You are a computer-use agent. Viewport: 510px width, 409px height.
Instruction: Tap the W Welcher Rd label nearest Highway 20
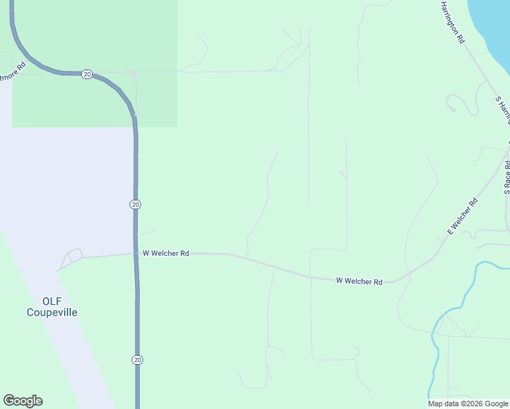[x=166, y=253]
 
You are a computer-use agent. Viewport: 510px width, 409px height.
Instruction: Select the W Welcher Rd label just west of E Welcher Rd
[x=359, y=281]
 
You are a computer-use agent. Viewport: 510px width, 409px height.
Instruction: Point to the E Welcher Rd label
[x=462, y=217]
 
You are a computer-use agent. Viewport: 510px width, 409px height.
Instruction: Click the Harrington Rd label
[x=452, y=22]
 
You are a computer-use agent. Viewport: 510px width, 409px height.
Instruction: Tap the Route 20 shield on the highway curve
[x=87, y=74]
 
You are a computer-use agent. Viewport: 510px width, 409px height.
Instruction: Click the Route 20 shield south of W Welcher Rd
[x=136, y=359]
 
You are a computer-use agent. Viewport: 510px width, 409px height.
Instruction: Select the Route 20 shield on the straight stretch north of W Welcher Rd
[x=136, y=204]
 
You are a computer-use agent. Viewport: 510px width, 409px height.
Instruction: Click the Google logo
[x=23, y=401]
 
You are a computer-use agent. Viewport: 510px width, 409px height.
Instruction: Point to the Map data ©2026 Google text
[x=468, y=404]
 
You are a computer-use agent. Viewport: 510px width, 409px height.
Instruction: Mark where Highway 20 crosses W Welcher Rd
[x=136, y=254]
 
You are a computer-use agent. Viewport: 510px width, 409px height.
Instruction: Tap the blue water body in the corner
[x=494, y=27]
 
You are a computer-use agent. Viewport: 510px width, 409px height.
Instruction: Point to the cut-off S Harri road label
[x=503, y=109]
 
